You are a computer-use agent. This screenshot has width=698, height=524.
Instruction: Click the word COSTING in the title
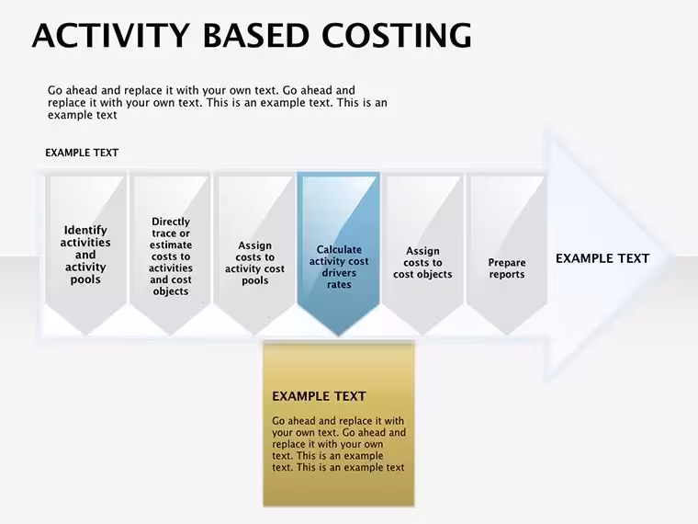tap(396, 35)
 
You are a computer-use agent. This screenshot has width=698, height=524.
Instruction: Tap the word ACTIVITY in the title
tap(111, 35)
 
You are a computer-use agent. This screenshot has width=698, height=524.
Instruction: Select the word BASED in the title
tap(256, 35)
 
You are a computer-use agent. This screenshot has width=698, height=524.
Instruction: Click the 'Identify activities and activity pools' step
tap(85, 255)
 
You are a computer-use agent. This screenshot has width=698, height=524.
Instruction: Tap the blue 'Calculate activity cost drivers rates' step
tap(339, 255)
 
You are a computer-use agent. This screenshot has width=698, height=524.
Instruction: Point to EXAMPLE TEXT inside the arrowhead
tap(602, 258)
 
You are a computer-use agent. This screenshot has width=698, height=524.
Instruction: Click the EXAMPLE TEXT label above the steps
tap(82, 153)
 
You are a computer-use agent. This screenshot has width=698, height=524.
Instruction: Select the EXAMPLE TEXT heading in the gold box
tap(320, 396)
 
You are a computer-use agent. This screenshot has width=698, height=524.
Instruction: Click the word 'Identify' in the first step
tap(85, 230)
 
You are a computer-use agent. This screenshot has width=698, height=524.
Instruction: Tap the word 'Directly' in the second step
tap(171, 222)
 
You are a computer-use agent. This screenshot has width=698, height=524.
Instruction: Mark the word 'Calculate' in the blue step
tap(339, 249)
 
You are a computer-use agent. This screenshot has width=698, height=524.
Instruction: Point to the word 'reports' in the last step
tap(507, 275)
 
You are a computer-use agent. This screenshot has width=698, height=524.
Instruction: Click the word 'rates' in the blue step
tap(339, 284)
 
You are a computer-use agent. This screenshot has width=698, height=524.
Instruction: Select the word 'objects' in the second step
tap(171, 291)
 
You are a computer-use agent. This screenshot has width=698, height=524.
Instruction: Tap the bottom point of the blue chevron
tap(339, 336)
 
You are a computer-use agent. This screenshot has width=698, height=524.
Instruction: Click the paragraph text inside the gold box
tap(339, 444)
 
